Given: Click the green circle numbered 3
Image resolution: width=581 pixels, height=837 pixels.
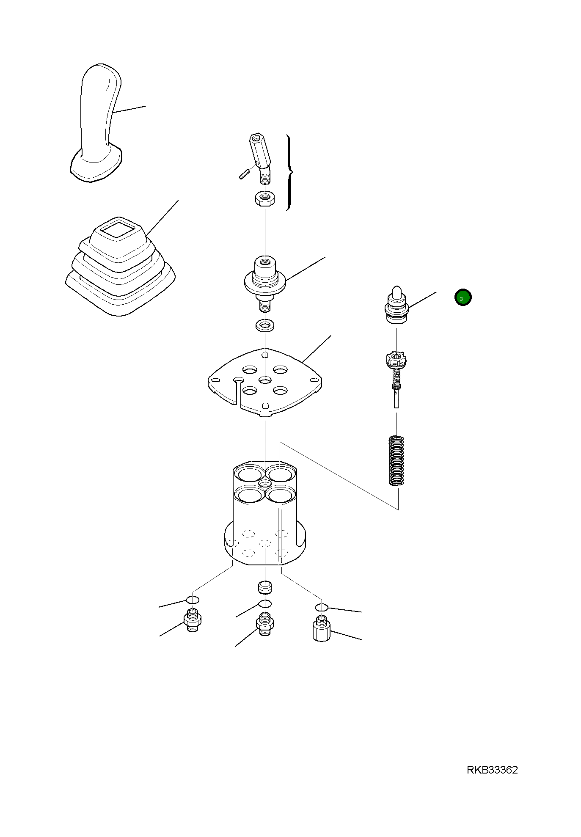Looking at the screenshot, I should coord(463,297).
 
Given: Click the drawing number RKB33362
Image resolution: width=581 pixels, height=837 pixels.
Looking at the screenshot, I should coord(492,770).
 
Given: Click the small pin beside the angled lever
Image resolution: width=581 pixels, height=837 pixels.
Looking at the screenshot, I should coord(243,174).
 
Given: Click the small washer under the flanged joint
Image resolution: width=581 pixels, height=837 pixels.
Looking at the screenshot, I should coord(265,326).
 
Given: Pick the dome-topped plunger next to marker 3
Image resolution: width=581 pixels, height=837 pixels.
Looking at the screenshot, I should coord(396,304).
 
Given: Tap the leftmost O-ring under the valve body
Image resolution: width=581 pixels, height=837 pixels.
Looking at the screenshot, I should coord(193,600).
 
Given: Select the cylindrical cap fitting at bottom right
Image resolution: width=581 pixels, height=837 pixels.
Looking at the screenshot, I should coord(322,629).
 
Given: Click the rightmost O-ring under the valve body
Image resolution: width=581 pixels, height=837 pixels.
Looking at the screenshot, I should coord(322,608).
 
